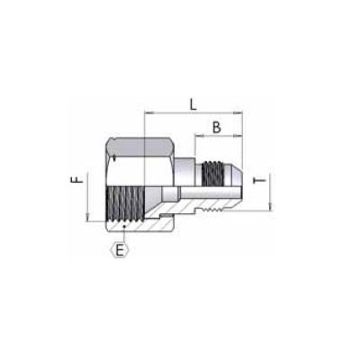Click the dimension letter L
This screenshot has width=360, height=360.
coord(193,103)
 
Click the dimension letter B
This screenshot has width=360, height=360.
coord(216,128)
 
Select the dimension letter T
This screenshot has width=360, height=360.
coord(261,182)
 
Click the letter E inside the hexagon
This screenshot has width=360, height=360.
coord(118,249)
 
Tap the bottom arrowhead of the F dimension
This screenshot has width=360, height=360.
coord(88,219)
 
